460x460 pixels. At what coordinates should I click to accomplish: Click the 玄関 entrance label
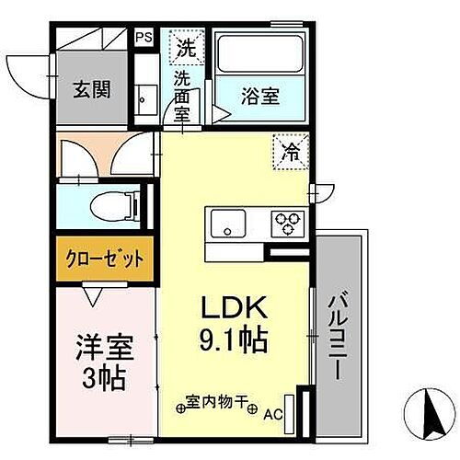[92, 89]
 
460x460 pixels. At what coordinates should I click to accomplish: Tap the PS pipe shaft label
[144, 38]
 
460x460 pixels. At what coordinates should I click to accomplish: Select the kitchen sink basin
[227, 223]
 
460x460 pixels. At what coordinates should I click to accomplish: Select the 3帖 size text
[104, 376]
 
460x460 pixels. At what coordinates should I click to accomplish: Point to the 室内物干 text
[218, 402]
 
